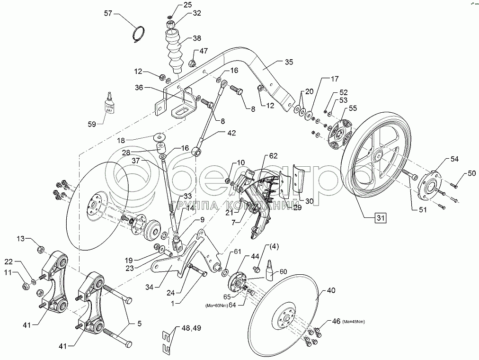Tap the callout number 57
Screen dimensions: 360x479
108,14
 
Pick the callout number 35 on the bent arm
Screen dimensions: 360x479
289,62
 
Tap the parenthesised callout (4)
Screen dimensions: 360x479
275,246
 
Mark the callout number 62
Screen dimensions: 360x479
273,155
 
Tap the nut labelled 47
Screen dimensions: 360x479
192,63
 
